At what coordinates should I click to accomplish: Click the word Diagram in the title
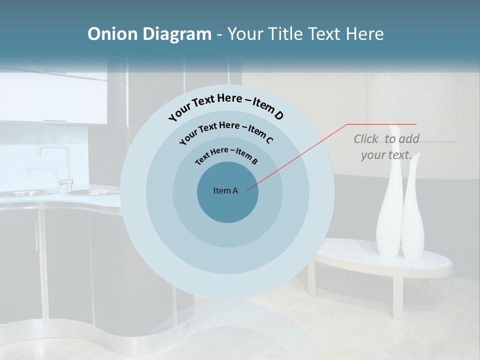(176, 34)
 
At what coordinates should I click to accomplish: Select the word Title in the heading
(285, 34)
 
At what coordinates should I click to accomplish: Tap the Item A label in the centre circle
(225, 190)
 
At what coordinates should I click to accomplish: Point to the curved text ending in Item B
(226, 154)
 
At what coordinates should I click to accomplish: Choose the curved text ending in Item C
(226, 130)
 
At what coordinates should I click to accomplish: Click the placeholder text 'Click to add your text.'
(386, 147)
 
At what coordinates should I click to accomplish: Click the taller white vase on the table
(389, 210)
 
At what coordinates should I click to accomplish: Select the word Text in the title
(322, 34)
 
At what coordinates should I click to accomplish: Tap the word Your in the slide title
(246, 34)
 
